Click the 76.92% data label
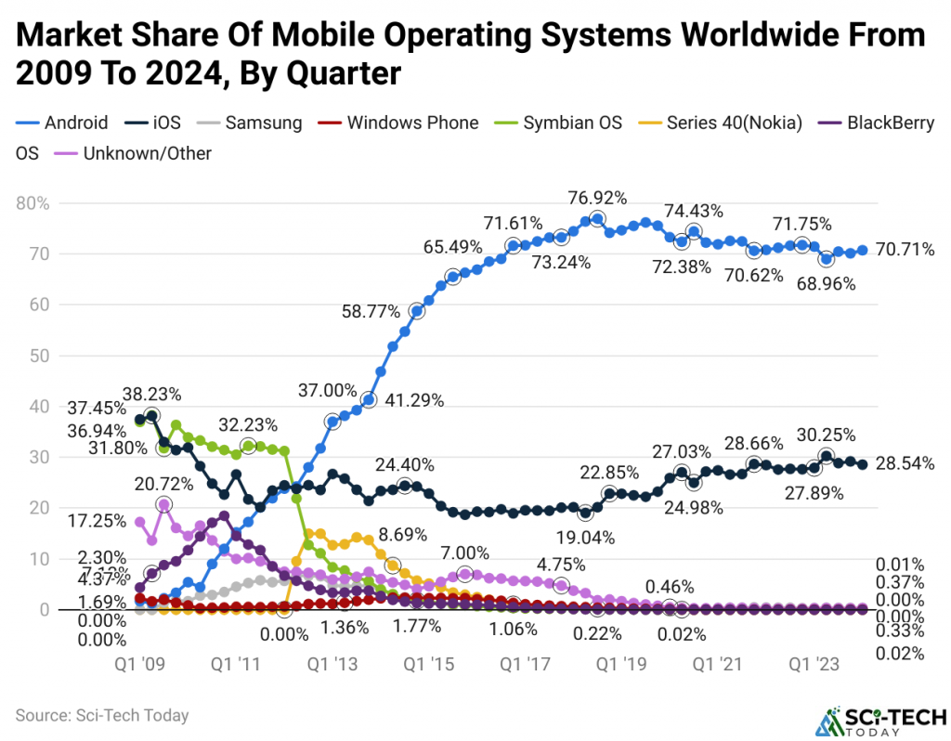click(598, 198)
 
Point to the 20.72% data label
click(163, 484)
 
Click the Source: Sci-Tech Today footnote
click(102, 715)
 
